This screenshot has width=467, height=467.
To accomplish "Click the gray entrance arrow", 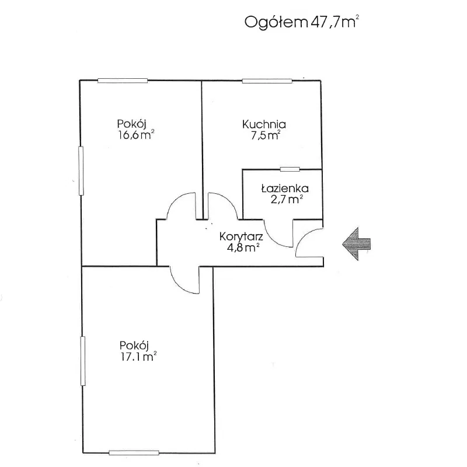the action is pos(356,244).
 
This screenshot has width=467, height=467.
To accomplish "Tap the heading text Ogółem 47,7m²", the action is pos(302,22).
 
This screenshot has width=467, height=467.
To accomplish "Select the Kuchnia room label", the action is pos(264,124).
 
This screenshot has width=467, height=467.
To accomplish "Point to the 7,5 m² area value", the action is pos(266,135).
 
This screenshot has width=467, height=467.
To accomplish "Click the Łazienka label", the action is pos(285,188).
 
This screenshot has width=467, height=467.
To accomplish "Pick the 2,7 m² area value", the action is pos(287,199).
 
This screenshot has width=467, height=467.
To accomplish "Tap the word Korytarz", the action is pos(241,237).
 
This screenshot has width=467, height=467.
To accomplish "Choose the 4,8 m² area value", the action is pos(243,248).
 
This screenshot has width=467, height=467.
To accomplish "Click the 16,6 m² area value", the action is pos(136,135).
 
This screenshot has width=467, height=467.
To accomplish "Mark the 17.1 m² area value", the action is pos(138,356).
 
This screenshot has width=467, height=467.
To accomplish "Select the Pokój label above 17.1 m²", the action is pos(134,346).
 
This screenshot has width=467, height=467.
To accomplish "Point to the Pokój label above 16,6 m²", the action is pos(131,124).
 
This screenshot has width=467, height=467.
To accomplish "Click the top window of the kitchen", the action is pos(267,81).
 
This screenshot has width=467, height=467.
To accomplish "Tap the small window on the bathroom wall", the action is pos(290,169).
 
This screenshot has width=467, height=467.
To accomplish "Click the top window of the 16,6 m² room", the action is pos(123,81).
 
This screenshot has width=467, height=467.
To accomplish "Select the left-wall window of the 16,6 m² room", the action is pos(81,170).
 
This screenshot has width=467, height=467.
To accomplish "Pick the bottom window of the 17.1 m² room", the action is pos(134,453).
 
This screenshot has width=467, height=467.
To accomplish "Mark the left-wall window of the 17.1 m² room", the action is pos(83,361).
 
